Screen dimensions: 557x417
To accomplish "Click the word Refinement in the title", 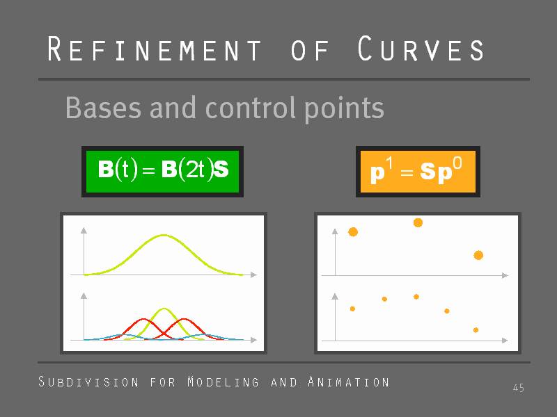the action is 154,49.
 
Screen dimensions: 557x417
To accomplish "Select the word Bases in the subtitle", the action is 103,108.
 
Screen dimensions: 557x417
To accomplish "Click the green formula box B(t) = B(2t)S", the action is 163,172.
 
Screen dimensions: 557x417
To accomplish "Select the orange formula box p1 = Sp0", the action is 418,172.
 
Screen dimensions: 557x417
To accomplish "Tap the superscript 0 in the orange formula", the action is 457,164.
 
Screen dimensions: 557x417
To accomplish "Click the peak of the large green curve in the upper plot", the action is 164,235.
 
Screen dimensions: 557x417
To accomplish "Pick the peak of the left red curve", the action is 143,319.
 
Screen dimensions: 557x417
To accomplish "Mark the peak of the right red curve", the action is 184,319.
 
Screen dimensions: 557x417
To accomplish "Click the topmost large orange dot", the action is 418,222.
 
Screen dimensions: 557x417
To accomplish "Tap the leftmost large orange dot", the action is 353,232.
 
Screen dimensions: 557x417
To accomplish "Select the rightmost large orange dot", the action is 478,255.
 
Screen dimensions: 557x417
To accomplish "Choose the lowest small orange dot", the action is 476,330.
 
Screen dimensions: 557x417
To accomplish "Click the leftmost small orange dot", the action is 352,309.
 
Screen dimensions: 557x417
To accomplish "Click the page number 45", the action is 519,388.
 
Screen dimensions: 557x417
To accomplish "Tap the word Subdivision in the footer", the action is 88,382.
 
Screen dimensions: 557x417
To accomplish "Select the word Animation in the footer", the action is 349,382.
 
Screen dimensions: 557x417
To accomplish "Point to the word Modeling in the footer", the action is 223,382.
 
